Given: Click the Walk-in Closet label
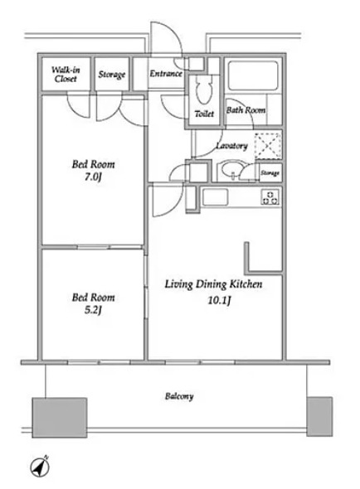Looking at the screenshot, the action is pyautogui.click(x=66, y=75).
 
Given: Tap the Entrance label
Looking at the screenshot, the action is pyautogui.click(x=166, y=74).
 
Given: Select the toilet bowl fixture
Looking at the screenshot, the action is pyautogui.click(x=203, y=90).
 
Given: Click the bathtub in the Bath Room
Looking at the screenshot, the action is pyautogui.click(x=253, y=75).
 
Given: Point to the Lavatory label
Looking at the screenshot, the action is pyautogui.click(x=232, y=146).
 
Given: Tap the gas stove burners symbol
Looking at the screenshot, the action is pyautogui.click(x=270, y=197).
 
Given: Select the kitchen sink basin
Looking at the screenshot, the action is pyautogui.click(x=215, y=197).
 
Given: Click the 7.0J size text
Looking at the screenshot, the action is pyautogui.click(x=93, y=177).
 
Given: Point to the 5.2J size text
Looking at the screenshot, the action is pyautogui.click(x=93, y=310).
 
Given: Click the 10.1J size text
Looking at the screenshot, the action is pyautogui.click(x=219, y=300).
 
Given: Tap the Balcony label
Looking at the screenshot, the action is pyautogui.click(x=179, y=396).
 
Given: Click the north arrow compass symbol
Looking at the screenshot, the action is pyautogui.click(x=40, y=467).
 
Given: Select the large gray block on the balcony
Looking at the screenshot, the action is pyautogui.click(x=60, y=417).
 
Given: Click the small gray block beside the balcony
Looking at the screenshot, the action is pyautogui.click(x=319, y=416).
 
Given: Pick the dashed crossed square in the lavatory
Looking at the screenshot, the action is pyautogui.click(x=268, y=146).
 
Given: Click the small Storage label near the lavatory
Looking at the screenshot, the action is pyautogui.click(x=270, y=172).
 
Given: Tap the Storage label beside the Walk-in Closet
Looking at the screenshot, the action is pyautogui.click(x=112, y=75).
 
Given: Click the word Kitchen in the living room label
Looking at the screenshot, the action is pyautogui.click(x=246, y=284).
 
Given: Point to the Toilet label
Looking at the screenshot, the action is pyautogui.click(x=204, y=114).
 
